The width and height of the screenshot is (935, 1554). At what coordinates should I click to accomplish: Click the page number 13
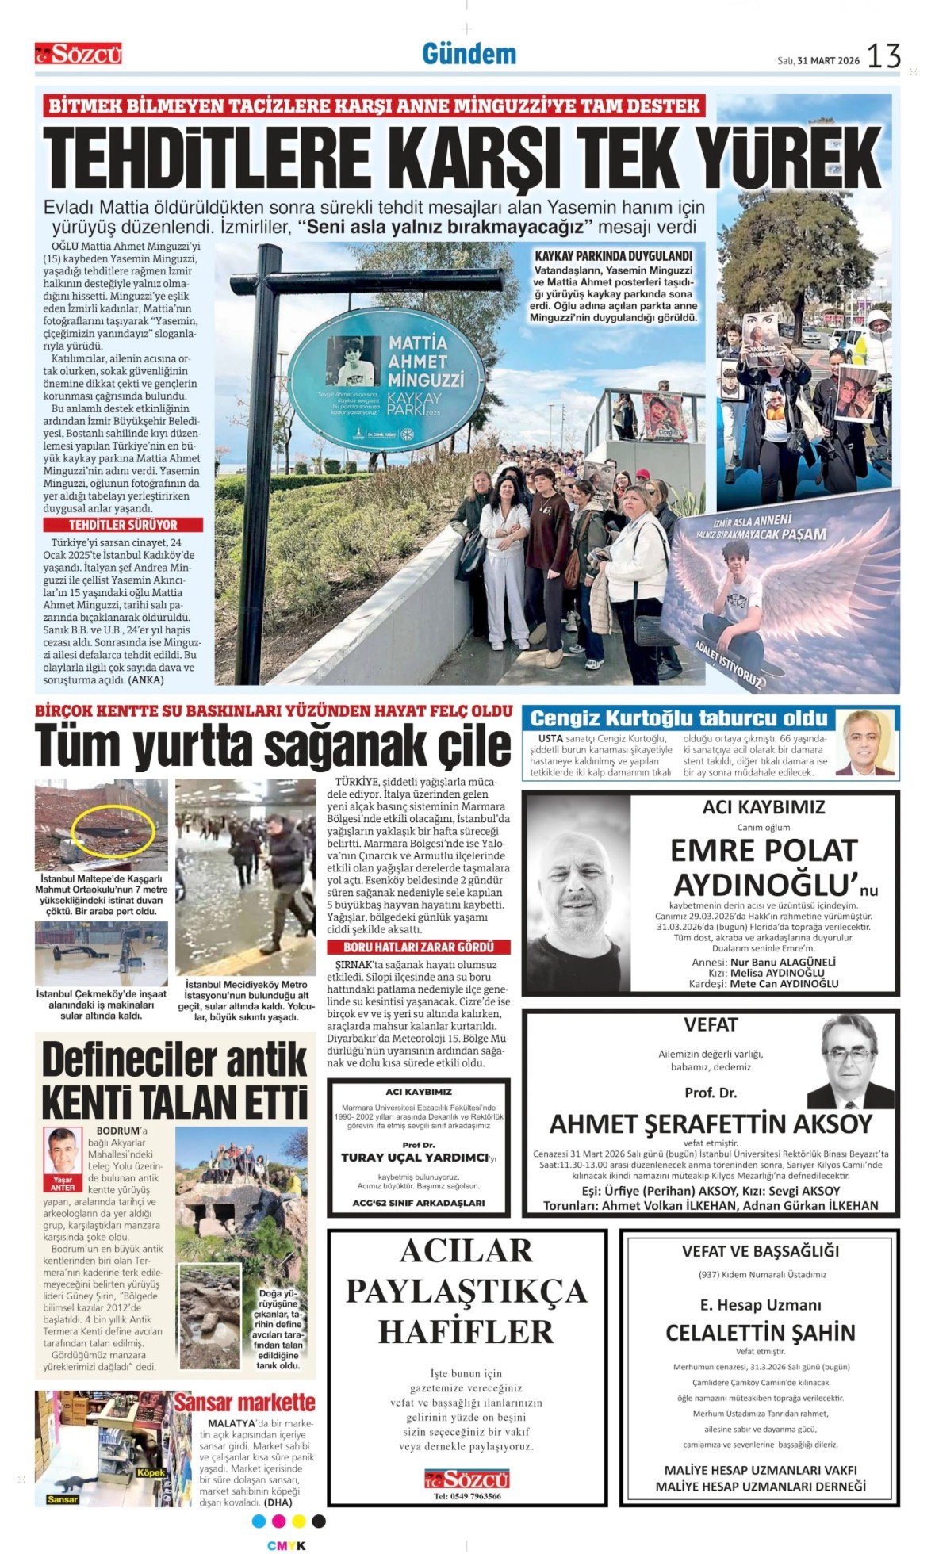tap(883, 56)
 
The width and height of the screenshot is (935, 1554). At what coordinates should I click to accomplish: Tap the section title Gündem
tap(469, 54)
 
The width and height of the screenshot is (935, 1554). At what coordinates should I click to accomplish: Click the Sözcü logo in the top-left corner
tap(78, 54)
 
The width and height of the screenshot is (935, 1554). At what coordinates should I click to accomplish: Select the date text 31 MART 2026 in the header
tap(828, 60)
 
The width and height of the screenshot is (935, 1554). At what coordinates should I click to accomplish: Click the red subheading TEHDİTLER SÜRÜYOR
tap(123, 525)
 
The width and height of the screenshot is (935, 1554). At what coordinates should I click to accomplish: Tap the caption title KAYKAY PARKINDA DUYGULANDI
tap(613, 256)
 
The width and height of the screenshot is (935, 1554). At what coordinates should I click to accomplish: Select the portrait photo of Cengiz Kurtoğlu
tap(865, 743)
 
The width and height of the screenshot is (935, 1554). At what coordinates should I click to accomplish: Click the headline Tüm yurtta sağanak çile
tap(273, 746)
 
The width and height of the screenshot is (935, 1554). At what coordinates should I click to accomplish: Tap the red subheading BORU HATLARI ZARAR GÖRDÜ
tap(418, 947)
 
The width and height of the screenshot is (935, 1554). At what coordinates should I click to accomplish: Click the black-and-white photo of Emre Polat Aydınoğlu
tap(577, 893)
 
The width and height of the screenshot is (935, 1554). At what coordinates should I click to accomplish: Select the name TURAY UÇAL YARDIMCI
tap(414, 1158)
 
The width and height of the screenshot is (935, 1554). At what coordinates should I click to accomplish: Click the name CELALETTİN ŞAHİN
tap(760, 1332)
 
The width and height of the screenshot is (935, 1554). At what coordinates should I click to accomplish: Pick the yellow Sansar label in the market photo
tap(63, 1499)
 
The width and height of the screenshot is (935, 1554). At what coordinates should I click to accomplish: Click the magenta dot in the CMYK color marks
tap(278, 1521)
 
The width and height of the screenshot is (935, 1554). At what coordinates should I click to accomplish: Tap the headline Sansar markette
tap(244, 1403)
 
